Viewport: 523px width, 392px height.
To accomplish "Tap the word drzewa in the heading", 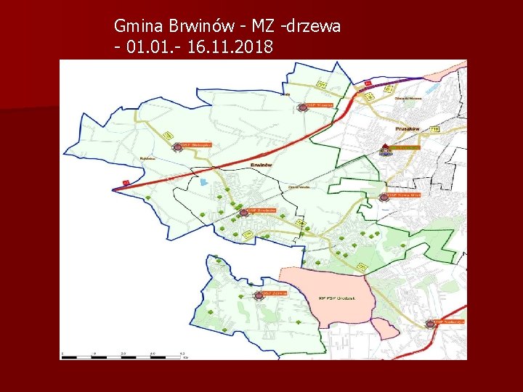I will point(313,27).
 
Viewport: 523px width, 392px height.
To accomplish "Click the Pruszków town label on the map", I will point(408,128).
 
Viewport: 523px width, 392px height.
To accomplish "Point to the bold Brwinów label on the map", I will point(261,165).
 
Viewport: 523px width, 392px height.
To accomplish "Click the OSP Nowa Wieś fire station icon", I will point(384,197).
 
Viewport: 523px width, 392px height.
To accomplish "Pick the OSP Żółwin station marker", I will point(259,295).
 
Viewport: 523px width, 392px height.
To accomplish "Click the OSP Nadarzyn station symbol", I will point(430,324).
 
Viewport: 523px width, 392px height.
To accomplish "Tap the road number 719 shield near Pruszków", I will point(434,128).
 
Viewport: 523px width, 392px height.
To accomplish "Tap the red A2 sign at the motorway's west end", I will point(126,183).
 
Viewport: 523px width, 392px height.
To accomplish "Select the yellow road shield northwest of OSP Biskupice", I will point(168,135).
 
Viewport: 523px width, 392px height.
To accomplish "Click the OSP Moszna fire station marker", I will point(302,107).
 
